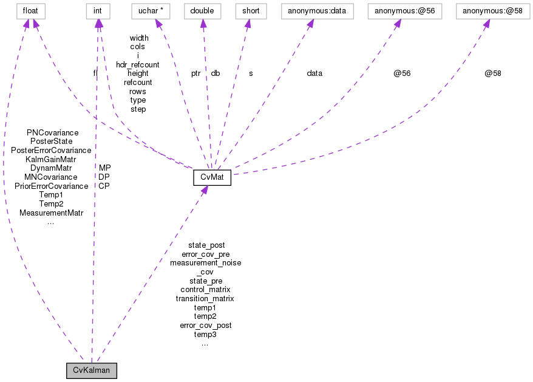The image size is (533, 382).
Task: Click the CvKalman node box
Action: tap(92, 370)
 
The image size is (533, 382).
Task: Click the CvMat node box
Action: tap(212, 178)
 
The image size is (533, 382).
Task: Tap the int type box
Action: tap(97, 11)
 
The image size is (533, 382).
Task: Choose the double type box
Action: tap(202, 11)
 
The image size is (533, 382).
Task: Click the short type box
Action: tap(247, 11)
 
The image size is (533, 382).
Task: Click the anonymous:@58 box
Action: tap(492, 11)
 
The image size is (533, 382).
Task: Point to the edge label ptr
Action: tap(195, 73)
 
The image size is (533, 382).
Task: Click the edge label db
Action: tap(216, 73)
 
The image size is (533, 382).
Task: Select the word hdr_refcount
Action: tap(138, 64)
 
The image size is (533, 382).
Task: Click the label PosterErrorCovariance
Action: tap(51, 150)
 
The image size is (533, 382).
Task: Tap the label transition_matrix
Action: tap(205, 298)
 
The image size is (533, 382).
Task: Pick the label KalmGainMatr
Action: tap(51, 159)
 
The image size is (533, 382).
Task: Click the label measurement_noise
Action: tap(205, 263)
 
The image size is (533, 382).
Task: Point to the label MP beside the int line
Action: tap(104, 168)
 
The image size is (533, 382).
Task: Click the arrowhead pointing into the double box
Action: tap(203, 23)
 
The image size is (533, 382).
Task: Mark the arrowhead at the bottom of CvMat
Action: tap(205, 190)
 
